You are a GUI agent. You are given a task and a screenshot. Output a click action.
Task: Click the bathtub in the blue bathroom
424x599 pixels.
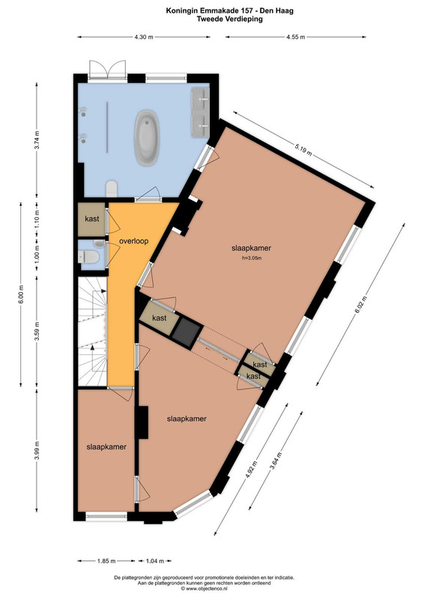click(x=147, y=138)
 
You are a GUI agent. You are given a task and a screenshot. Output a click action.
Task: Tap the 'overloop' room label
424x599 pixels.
click(x=134, y=241)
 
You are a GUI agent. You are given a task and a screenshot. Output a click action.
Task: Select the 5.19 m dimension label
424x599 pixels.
click(x=303, y=149)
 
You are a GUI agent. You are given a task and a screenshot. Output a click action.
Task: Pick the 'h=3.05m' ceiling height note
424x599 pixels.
click(x=251, y=258)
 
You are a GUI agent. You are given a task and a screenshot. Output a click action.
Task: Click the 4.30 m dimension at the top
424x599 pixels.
click(x=144, y=37)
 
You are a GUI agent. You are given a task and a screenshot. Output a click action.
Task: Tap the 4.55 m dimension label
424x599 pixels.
click(x=296, y=37)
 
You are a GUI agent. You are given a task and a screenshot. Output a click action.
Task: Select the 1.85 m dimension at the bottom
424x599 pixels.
click(x=106, y=561)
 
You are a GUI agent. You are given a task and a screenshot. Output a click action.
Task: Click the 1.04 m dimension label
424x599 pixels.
click(x=155, y=561)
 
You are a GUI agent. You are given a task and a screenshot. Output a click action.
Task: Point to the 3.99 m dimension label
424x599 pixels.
click(x=37, y=451)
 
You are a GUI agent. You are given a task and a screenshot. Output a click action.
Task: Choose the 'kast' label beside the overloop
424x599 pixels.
click(x=91, y=219)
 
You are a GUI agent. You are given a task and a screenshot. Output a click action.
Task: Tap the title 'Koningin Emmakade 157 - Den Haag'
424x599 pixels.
click(x=230, y=10)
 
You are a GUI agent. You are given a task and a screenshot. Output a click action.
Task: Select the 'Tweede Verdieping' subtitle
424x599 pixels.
click(x=230, y=19)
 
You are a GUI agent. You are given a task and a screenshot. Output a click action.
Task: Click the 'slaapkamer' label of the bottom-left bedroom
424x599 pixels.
click(x=106, y=446)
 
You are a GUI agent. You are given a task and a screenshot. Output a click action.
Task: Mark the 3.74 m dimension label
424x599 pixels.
click(x=37, y=141)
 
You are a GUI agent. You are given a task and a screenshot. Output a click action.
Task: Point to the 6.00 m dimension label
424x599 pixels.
click(x=21, y=294)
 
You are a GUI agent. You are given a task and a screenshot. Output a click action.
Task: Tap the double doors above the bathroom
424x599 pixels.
click(x=107, y=70)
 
